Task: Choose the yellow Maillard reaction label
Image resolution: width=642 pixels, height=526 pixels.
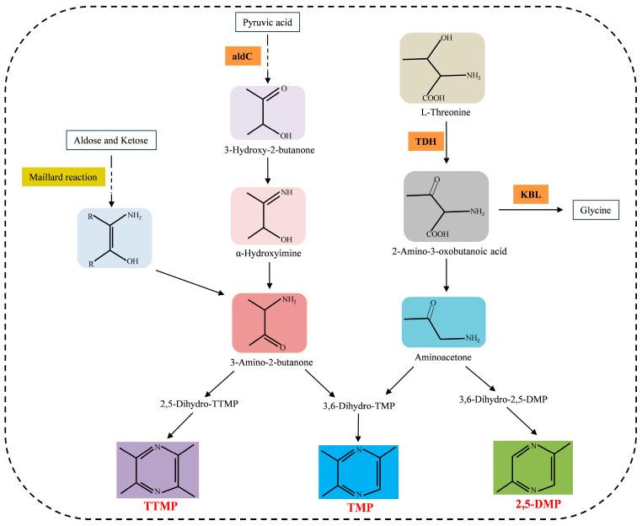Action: click(63, 176)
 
